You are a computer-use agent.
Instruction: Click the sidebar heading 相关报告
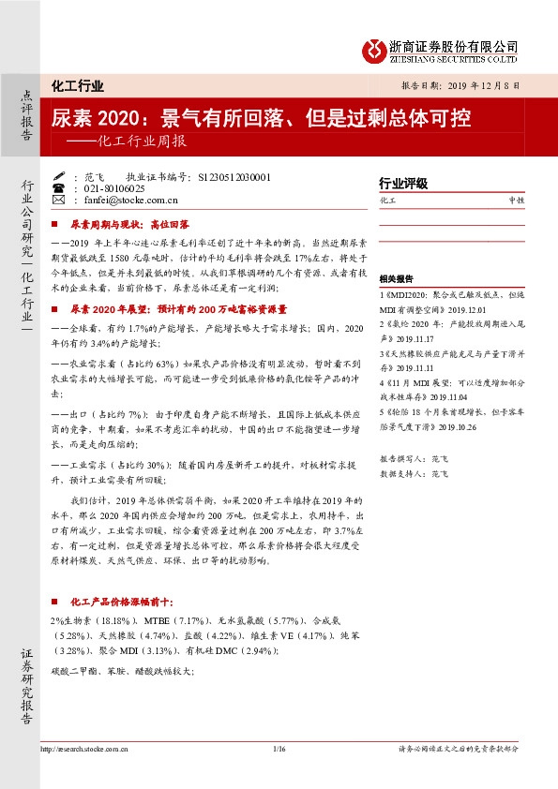pos(397,279)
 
